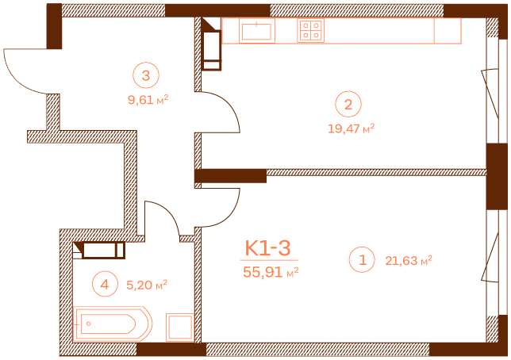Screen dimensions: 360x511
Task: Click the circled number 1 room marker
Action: tap(363, 259)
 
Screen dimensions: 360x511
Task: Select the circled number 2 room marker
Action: tap(348, 104)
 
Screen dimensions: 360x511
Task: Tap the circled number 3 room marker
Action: tap(146, 76)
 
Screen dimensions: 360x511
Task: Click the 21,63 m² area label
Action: tap(408, 259)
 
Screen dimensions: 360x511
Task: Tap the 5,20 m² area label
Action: tap(147, 283)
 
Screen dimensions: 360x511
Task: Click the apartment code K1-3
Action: tap(269, 248)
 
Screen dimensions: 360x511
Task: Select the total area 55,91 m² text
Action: tap(270, 271)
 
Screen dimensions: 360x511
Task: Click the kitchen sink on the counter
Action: tap(257, 31)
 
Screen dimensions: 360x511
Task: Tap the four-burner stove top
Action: tap(310, 31)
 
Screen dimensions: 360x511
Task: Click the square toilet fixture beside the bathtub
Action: tap(179, 327)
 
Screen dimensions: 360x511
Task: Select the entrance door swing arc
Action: tap(26, 71)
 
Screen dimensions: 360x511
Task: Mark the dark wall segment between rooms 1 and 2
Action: tap(230, 176)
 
